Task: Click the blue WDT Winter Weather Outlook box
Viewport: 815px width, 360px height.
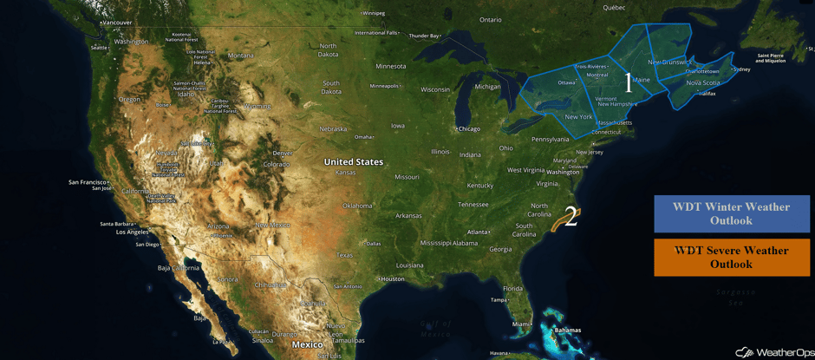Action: (732, 213)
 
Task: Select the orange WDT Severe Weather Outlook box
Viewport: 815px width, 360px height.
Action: (732, 258)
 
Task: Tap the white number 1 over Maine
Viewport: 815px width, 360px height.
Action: (629, 82)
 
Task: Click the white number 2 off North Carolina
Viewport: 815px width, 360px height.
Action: (570, 217)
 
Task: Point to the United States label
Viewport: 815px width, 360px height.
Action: (353, 162)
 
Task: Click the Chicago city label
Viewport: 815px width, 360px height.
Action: (468, 129)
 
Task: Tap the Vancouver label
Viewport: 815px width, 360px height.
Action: (116, 23)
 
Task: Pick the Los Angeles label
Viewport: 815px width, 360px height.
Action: (132, 232)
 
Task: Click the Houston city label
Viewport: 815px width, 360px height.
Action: (392, 278)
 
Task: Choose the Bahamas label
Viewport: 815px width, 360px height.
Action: (567, 331)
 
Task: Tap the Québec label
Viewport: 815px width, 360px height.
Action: (614, 7)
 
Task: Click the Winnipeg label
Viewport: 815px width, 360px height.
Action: (374, 13)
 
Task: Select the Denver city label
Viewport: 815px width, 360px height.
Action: (282, 154)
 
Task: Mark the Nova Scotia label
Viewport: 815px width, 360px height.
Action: (703, 83)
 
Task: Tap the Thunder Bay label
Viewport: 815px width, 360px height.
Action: (424, 36)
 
